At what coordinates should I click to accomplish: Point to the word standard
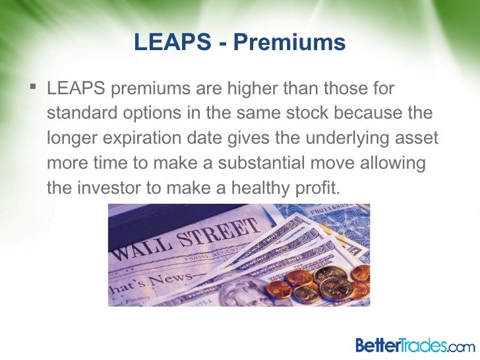pos(80,113)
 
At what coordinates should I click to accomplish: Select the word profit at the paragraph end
pos(319,188)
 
